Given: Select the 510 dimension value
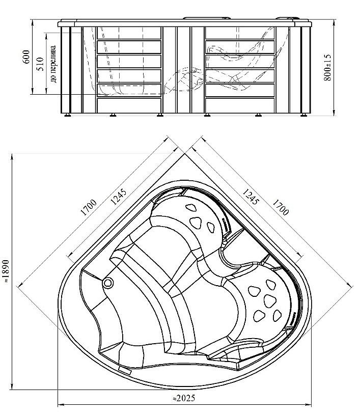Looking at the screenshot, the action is pos(40,64).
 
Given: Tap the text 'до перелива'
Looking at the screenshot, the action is pos(53,64).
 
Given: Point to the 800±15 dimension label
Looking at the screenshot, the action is pos(327,67).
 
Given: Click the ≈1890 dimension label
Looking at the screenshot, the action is pos(6,271).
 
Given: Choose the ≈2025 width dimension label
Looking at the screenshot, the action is pos(184,398).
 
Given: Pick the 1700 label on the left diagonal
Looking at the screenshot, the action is pos(89,207).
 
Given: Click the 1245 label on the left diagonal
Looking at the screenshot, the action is pos(118,197).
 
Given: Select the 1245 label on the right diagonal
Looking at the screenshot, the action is pos(250,197).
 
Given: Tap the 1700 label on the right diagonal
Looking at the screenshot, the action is pos(280,207).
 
